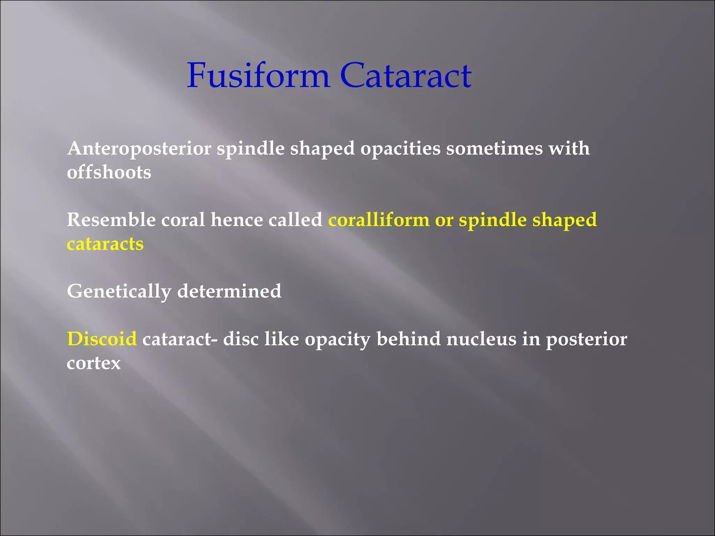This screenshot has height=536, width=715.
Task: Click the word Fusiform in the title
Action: tap(258, 75)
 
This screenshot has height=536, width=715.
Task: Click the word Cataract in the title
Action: tap(406, 75)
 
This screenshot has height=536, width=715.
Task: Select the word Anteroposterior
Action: tap(139, 149)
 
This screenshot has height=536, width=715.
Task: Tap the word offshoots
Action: tap(109, 172)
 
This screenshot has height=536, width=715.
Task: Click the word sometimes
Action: tap(494, 149)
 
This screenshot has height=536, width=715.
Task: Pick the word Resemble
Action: tap(111, 220)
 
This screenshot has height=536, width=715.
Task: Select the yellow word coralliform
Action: tap(379, 220)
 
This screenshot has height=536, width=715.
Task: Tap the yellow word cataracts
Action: tap(105, 244)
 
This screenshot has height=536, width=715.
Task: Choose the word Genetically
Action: tap(119, 292)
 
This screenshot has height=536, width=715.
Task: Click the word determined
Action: tap(229, 291)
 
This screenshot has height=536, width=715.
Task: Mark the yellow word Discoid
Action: tap(102, 339)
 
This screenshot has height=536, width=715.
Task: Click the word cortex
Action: tap(94, 363)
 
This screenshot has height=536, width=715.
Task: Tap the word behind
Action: tap(408, 339)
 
